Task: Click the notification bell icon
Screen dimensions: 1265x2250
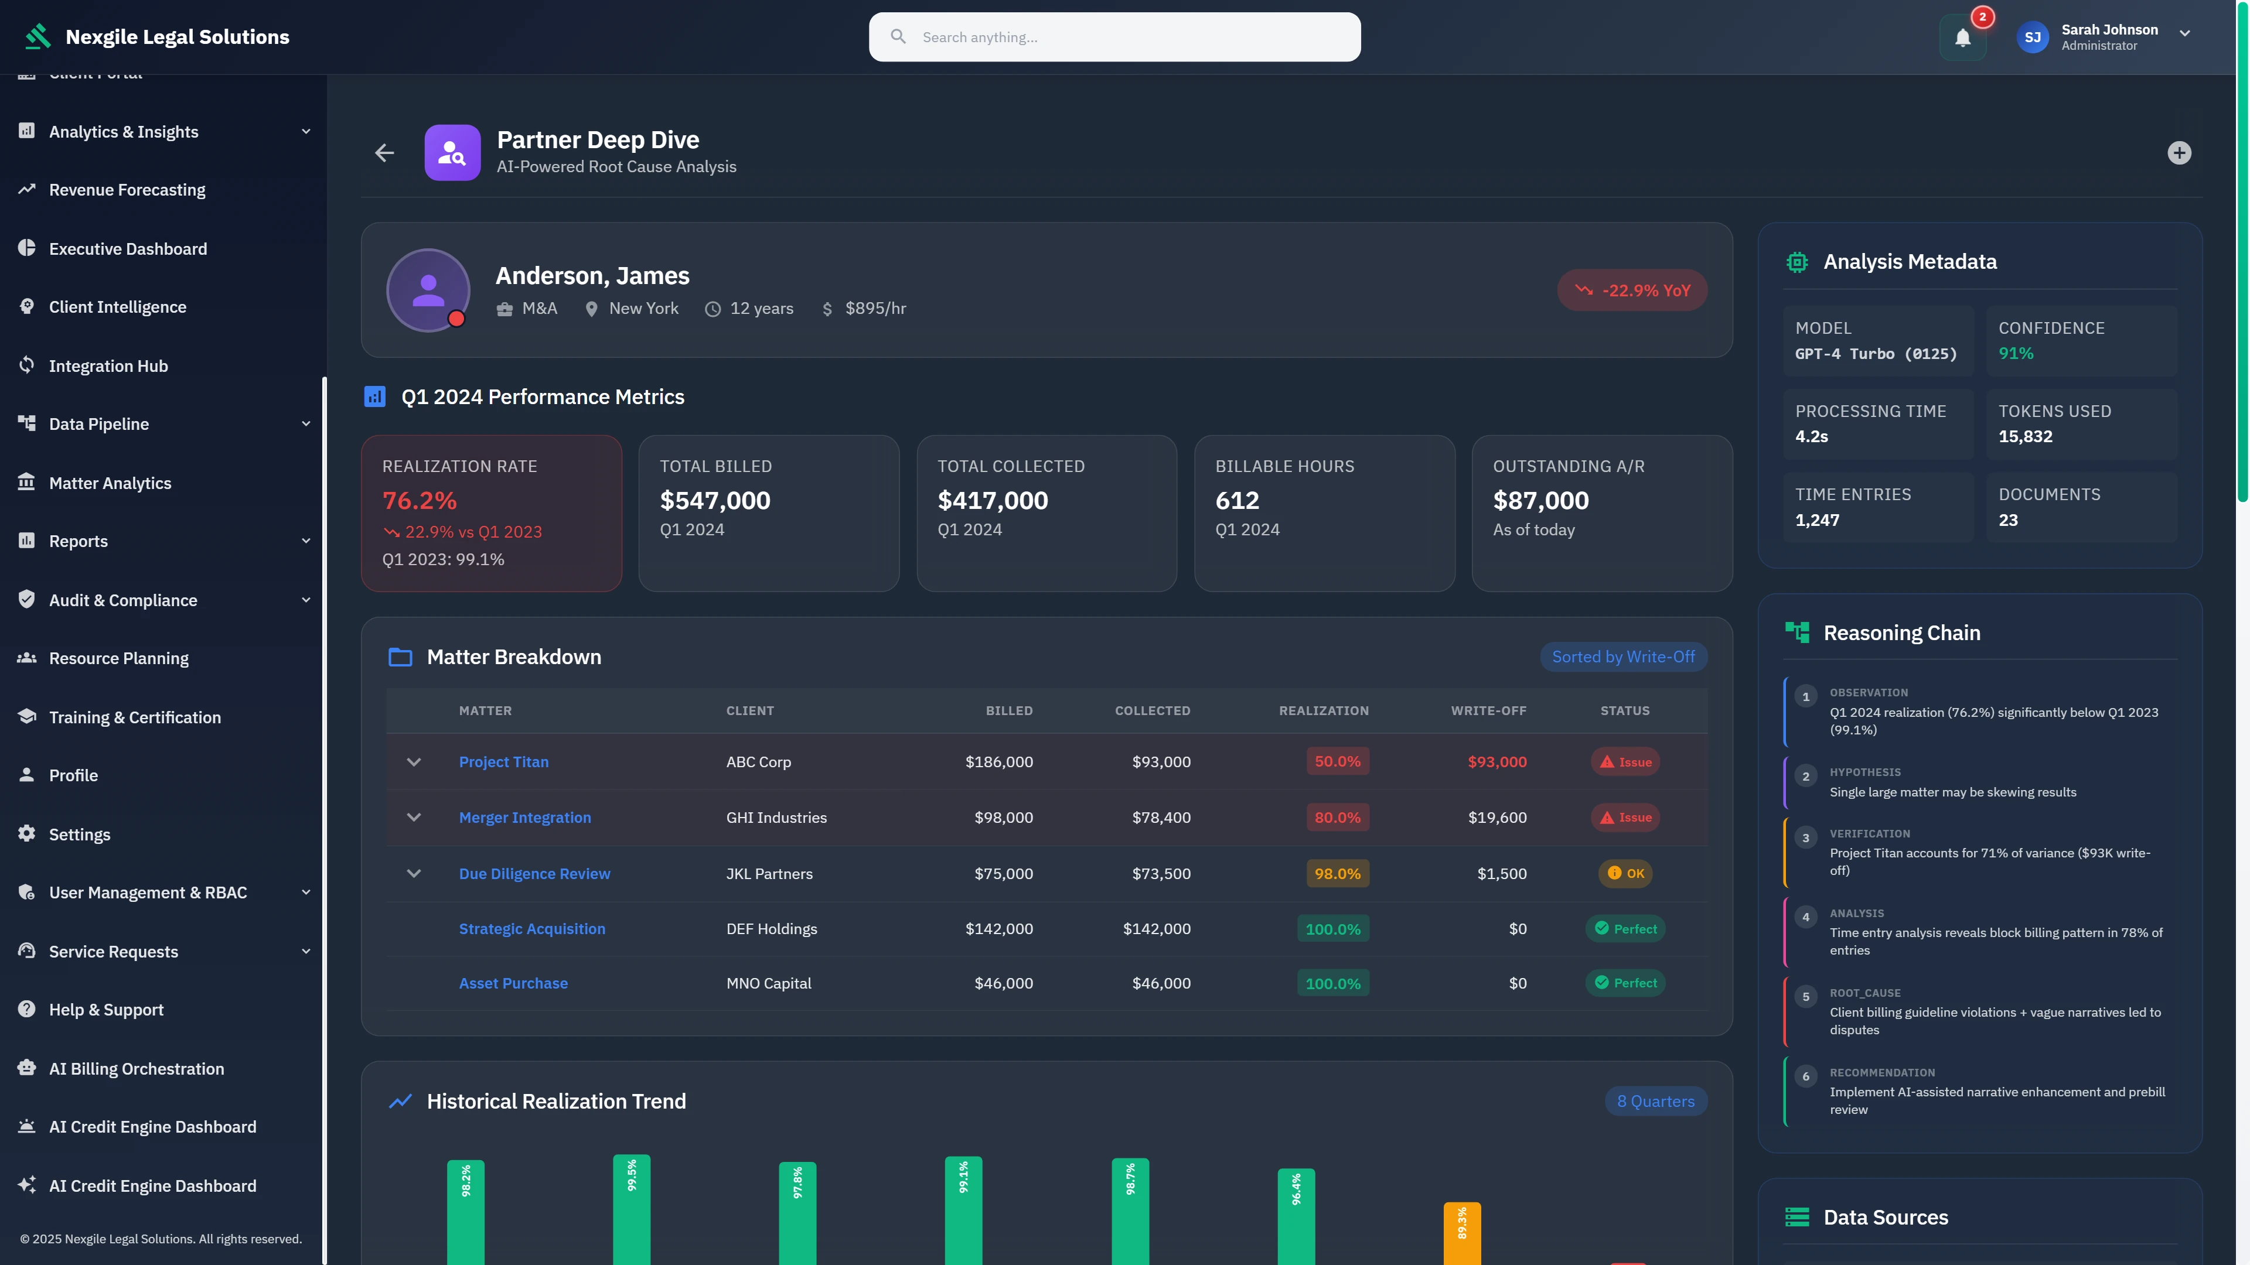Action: (x=1962, y=37)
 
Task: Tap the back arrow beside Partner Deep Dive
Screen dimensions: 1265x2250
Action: (x=384, y=153)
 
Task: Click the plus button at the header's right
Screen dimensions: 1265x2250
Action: (x=2179, y=153)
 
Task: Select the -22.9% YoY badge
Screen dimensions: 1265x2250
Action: (x=1632, y=290)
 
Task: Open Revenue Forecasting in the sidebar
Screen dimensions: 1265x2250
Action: (x=127, y=189)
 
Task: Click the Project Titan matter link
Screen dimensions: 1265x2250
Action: (x=503, y=761)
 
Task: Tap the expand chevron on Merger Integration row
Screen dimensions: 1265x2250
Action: (x=414, y=817)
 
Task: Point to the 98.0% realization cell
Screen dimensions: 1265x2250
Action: (x=1337, y=873)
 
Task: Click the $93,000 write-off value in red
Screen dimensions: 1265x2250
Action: (x=1496, y=761)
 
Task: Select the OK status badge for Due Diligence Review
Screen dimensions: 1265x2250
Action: (x=1625, y=873)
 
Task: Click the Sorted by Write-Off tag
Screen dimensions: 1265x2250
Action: (x=1623, y=657)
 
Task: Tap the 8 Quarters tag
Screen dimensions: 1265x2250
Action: (x=1655, y=1101)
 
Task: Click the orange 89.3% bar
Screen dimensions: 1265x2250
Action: (x=1461, y=1233)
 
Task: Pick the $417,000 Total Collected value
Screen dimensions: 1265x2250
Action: (x=992, y=500)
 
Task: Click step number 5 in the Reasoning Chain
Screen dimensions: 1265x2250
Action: (x=1805, y=996)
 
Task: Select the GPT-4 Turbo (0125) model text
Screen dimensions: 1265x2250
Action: (x=1875, y=354)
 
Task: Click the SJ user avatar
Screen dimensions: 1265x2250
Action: (x=2031, y=37)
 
